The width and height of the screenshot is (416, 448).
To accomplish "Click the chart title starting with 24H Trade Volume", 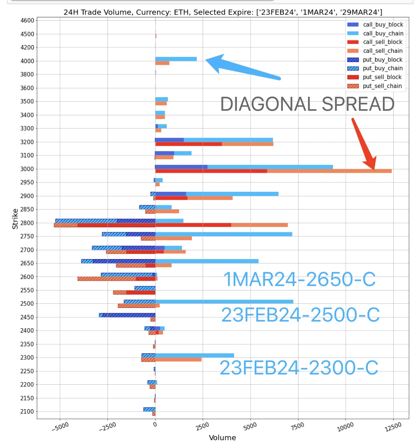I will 222,12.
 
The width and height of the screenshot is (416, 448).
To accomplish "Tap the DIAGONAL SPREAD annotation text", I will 307,104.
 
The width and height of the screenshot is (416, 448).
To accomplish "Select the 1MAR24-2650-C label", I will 299,280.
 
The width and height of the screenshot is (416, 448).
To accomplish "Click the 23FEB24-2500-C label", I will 300,315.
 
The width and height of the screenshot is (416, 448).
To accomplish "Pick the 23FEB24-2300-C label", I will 299,368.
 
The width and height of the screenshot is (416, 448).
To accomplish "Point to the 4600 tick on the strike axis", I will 27,20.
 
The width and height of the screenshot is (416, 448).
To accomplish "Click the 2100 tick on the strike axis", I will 27,412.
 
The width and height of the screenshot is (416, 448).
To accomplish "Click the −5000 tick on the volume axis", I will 60,427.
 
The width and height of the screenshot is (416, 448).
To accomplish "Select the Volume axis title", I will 222,438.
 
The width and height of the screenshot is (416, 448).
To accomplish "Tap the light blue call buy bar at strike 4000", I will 176,59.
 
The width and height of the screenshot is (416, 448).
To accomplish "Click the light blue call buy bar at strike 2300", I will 194,355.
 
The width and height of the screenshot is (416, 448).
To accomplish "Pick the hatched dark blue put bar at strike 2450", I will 129,315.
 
